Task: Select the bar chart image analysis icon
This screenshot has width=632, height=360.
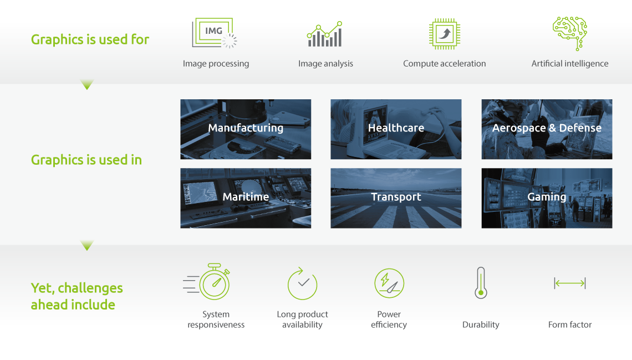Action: pos(324,34)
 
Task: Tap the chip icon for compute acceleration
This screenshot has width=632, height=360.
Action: pos(445,34)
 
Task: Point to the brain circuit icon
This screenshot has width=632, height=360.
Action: pos(570,33)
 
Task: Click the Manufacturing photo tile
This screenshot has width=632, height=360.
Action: pos(246,129)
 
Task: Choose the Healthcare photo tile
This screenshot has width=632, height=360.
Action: pos(396,129)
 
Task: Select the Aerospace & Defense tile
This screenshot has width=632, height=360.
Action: pos(547,129)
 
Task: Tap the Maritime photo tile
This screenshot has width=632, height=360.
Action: pos(246,198)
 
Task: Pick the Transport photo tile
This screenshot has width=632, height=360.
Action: pos(396,198)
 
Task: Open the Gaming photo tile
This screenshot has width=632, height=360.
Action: pos(547,198)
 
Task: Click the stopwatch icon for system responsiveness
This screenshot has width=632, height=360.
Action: pos(207,281)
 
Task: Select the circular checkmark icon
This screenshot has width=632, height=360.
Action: pos(302,283)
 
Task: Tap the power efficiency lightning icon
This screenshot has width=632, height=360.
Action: pos(389,283)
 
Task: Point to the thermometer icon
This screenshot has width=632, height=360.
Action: pos(481,282)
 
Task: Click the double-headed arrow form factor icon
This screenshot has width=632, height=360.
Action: pos(570,283)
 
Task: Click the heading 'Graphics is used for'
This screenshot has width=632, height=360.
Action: pos(90,39)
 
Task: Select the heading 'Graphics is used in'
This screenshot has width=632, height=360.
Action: pos(86,160)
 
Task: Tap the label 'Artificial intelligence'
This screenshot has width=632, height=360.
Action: pos(570,63)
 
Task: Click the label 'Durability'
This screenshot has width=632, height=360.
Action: pos(481,324)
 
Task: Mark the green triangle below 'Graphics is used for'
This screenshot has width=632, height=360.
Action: pos(87,84)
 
